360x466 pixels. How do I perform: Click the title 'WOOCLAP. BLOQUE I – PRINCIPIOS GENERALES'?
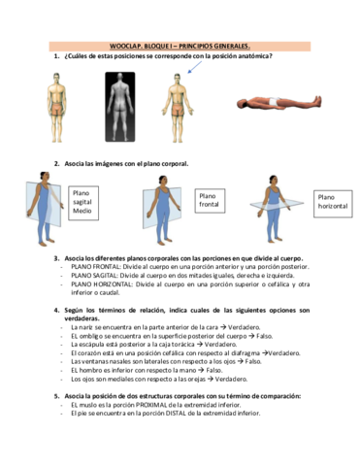coord(180,45)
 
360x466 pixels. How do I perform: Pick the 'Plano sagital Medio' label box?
coord(82,201)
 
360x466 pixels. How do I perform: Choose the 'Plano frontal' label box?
coord(213,198)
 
